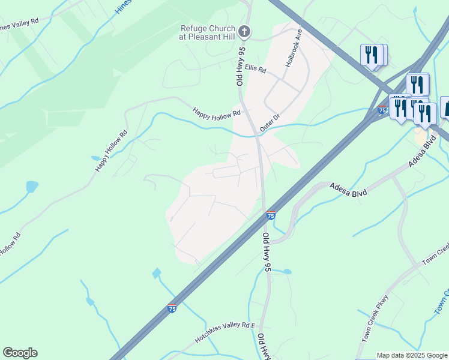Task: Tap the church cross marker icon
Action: (244, 31)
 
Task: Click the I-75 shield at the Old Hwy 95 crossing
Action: (271, 215)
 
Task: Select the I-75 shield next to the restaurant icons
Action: (382, 110)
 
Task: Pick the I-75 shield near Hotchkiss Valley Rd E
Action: (172, 308)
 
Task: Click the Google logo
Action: (20, 352)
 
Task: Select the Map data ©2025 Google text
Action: (411, 355)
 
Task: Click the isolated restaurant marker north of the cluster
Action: (372, 56)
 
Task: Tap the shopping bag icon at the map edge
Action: (445, 107)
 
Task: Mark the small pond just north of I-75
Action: (157, 274)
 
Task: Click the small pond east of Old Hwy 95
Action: (287, 272)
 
